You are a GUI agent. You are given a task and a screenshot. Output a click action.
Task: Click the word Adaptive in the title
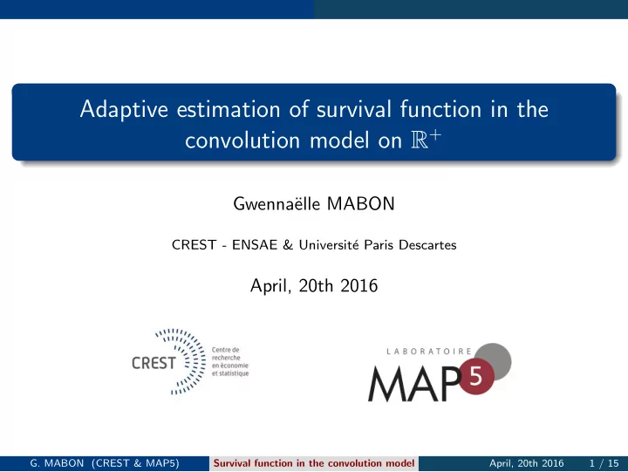click(x=124, y=109)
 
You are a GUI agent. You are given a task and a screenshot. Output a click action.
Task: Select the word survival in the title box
click(x=353, y=109)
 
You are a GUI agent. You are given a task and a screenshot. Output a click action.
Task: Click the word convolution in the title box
click(x=242, y=140)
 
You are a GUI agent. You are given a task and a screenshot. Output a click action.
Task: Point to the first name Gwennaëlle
click(x=276, y=203)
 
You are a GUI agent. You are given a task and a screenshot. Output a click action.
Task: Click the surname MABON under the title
click(x=361, y=203)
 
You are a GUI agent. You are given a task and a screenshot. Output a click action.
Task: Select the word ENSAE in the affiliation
click(x=255, y=245)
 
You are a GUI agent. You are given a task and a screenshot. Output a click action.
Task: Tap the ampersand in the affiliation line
click(x=288, y=245)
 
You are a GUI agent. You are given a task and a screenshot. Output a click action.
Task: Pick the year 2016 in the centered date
click(x=358, y=285)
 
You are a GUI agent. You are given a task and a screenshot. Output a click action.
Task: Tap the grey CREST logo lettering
click(x=154, y=363)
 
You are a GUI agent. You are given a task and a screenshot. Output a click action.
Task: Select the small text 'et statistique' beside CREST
click(x=230, y=373)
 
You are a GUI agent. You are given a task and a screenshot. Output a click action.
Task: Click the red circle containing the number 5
click(x=476, y=376)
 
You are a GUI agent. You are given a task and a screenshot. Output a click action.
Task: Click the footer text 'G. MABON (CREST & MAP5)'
click(x=105, y=463)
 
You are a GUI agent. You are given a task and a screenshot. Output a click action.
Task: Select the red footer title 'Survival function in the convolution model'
click(x=314, y=463)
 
